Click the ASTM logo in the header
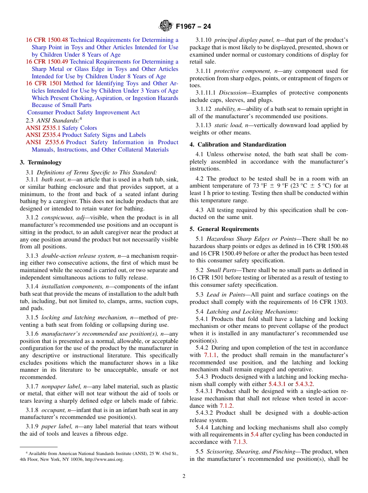pyautogui.click(x=165, y=26)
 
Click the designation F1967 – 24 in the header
pyautogui.click(x=193, y=27)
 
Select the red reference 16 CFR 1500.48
pyautogui.click(x=47, y=40)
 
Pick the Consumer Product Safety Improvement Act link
pyautogui.click(x=84, y=112)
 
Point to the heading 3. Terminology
pyautogui.click(x=41, y=162)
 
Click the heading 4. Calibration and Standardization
pyautogui.click(x=238, y=145)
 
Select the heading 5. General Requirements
pyautogui.click(x=224, y=229)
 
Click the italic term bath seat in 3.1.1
pyautogui.click(x=53, y=179)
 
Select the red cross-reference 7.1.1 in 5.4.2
pyautogui.click(x=210, y=355)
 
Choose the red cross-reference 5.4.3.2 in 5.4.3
pyautogui.click(x=304, y=384)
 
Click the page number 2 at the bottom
pyautogui.click(x=184, y=476)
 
